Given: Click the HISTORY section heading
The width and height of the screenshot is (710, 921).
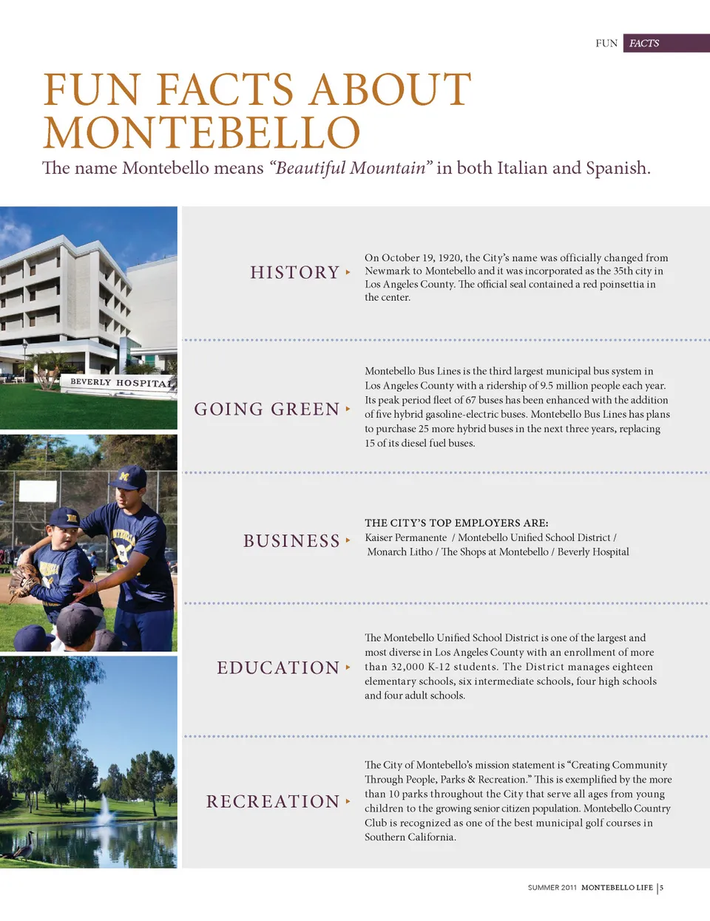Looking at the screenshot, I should [x=294, y=273].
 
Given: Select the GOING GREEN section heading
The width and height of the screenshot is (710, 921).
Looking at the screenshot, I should [x=266, y=409].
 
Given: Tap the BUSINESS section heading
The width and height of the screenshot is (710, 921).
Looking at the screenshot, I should [x=291, y=541].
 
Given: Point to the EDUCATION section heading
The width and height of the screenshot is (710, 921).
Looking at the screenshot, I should [x=278, y=668].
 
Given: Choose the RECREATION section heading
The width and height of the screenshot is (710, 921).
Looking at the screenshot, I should [x=273, y=802].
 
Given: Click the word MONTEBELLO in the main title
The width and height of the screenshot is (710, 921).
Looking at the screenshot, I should [x=201, y=133].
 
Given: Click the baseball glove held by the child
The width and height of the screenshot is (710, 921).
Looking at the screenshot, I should [x=24, y=581].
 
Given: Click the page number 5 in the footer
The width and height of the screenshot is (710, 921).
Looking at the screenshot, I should [x=662, y=888].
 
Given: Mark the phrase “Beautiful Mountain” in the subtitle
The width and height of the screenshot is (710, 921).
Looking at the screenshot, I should [x=351, y=169].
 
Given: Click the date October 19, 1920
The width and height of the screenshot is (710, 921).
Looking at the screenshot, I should [x=419, y=258].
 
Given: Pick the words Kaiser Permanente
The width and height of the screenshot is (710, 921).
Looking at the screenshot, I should [x=406, y=537].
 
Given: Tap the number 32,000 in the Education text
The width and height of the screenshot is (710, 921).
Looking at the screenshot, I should [x=408, y=667].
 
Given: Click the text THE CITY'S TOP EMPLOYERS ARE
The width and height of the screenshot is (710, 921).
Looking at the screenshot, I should [x=456, y=523].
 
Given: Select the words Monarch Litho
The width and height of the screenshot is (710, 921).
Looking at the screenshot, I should [x=399, y=552].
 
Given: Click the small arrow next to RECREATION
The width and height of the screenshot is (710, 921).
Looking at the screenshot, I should [x=348, y=801].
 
